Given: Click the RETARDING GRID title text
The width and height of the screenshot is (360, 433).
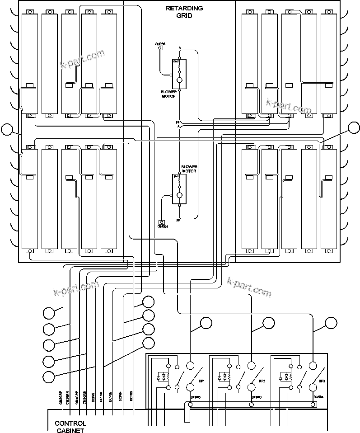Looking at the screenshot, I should click(184, 12).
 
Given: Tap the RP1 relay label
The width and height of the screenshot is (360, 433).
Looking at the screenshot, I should click(201, 381).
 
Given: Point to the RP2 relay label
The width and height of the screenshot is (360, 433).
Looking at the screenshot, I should click(262, 381).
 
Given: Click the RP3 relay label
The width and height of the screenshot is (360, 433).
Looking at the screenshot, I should click(322, 381).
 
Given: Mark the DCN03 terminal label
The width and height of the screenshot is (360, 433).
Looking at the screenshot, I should click(257, 397).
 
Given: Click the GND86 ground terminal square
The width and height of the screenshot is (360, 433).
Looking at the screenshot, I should click(159, 48).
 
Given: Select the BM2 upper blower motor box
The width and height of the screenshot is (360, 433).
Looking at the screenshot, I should click(179, 74).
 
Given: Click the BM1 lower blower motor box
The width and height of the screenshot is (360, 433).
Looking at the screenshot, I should click(179, 189).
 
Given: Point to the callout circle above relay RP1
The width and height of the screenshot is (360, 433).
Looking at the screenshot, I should click(206, 323).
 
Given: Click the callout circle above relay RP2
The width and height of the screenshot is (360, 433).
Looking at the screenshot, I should click(269, 323).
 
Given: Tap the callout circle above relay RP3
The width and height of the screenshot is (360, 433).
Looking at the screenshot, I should click(331, 323).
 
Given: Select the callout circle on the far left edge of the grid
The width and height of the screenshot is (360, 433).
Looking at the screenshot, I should click(7, 130).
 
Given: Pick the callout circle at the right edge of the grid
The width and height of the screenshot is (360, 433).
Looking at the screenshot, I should click(354, 128).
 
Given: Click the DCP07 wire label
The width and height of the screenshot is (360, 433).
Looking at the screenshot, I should click(93, 396).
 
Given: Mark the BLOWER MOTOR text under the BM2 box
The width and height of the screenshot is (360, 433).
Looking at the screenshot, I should click(168, 94).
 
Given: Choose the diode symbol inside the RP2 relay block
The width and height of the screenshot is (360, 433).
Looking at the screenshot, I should click(220, 377).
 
